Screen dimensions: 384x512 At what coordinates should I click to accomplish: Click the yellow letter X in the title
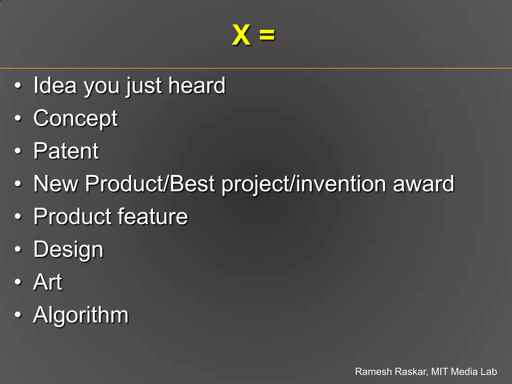click(x=241, y=35)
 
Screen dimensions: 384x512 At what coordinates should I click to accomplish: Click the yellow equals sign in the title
click(x=267, y=35)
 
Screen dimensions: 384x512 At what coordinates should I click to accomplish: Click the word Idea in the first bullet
click(x=55, y=85)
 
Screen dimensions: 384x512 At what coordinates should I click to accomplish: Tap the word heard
click(x=197, y=85)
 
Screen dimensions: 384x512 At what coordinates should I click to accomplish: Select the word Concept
click(x=75, y=118)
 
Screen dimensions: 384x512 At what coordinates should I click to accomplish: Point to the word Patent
click(x=66, y=151)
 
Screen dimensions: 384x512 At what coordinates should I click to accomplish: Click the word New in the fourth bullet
click(x=56, y=184)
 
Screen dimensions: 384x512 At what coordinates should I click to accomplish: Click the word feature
click(x=152, y=216)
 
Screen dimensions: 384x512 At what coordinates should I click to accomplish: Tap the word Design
click(x=68, y=249)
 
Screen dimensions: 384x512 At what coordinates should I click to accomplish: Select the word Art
click(x=47, y=282)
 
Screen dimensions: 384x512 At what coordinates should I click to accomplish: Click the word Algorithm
click(x=81, y=315)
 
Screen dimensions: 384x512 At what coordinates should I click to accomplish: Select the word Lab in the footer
click(x=488, y=371)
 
